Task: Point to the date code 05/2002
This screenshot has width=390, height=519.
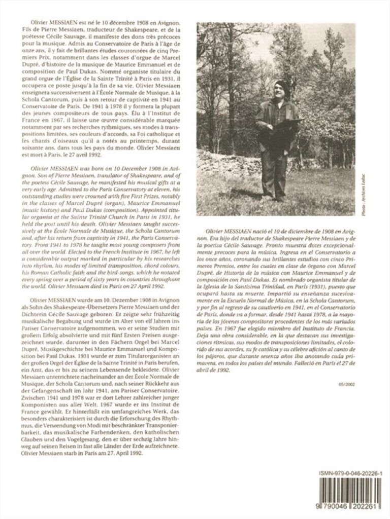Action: pyautogui.click(x=349, y=384)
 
